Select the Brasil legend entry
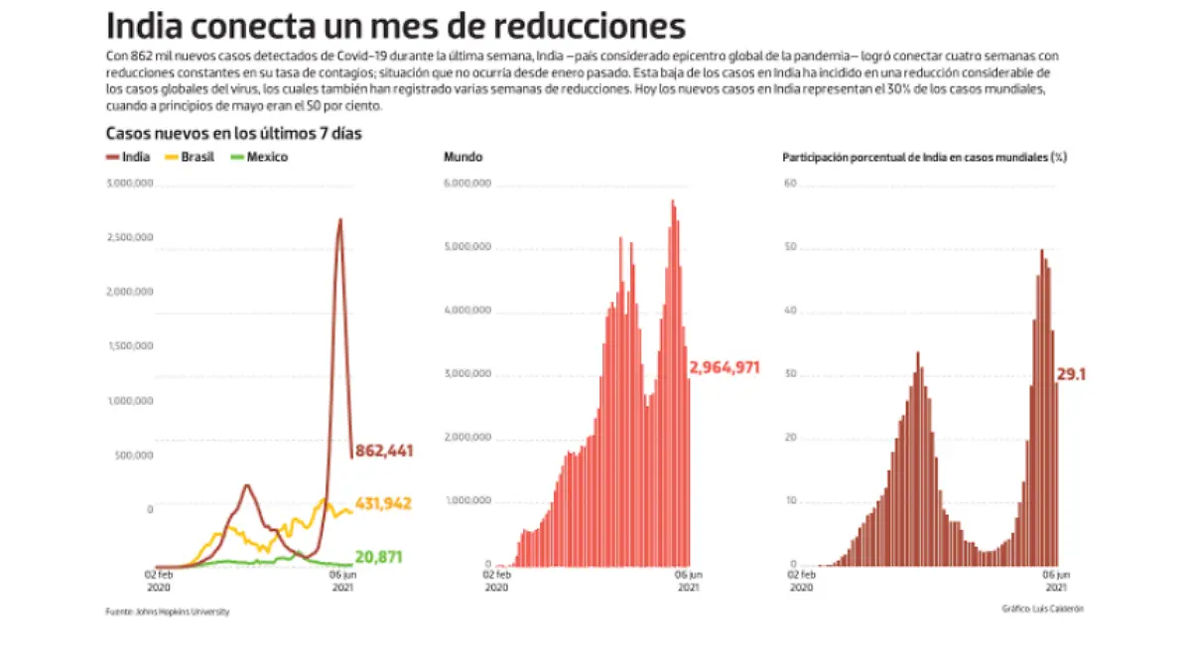point(190,157)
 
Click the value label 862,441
point(384,451)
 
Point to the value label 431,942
point(383,503)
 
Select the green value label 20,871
point(382,557)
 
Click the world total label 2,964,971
point(725,368)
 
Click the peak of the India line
point(340,219)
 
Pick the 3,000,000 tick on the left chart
point(130,184)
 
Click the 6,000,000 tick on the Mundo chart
point(467,184)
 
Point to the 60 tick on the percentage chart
point(791,184)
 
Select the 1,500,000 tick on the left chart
point(130,346)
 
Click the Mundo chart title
point(463,157)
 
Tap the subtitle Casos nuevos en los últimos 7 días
point(239,134)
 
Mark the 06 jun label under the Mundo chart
point(689,574)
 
